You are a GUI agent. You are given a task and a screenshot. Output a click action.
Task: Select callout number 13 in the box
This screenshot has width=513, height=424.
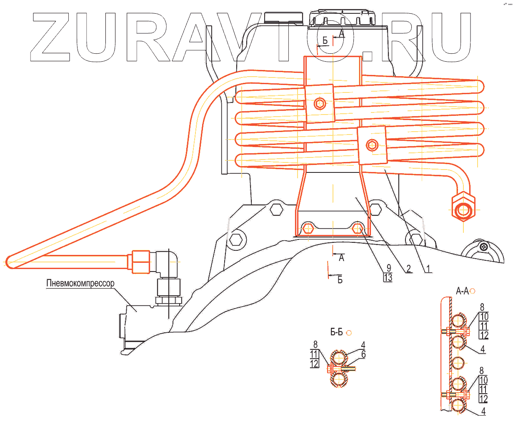click(x=388, y=277)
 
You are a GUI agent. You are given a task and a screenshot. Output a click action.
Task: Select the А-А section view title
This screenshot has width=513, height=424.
click(x=463, y=291)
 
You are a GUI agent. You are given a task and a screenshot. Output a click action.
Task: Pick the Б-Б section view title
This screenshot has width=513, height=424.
click(x=337, y=332)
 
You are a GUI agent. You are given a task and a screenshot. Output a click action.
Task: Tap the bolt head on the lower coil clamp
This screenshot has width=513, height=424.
click(x=372, y=145)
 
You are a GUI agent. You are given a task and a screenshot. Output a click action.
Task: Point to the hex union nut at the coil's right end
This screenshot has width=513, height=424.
click(x=463, y=207)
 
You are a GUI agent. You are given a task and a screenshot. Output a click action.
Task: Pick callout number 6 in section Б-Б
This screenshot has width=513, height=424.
click(x=363, y=354)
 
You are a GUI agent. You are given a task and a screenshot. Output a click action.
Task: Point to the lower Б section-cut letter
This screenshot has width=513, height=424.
click(x=340, y=280)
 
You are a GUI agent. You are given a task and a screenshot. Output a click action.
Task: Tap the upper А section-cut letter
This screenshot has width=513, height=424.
click(x=341, y=34)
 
